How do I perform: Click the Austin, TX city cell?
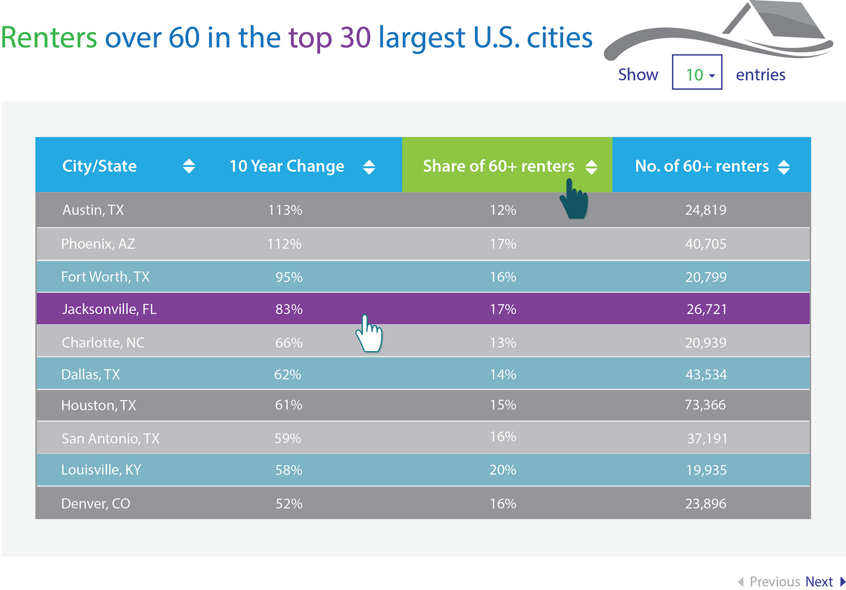(x=93, y=210)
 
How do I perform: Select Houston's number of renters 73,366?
(x=705, y=405)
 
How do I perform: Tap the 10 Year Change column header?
(x=287, y=166)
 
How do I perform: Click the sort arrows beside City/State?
(x=189, y=166)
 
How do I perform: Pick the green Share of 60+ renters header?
(x=498, y=166)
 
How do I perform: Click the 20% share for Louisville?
(x=503, y=470)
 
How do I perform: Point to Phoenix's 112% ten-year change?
(x=284, y=244)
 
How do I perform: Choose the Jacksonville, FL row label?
(x=109, y=309)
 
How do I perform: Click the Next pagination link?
(x=819, y=581)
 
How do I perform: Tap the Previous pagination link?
(x=775, y=581)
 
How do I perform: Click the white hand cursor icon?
(x=369, y=335)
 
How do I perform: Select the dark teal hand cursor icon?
(x=574, y=200)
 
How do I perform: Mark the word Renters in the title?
(x=49, y=37)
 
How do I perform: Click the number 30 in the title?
(x=355, y=37)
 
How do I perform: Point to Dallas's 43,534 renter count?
(x=706, y=375)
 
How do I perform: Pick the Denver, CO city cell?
(x=96, y=504)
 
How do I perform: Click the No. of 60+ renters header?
(x=701, y=166)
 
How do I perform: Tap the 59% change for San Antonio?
(x=288, y=438)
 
